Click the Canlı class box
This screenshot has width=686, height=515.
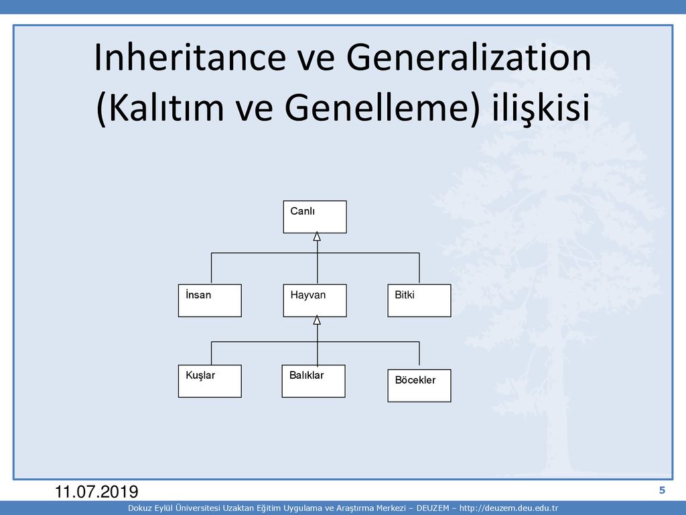(x=315, y=217)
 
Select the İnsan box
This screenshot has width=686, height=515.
(x=210, y=300)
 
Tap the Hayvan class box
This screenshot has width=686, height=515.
(x=315, y=300)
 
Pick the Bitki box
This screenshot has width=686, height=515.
(x=419, y=300)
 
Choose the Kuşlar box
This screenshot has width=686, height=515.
(x=210, y=381)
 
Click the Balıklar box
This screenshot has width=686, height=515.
(x=314, y=381)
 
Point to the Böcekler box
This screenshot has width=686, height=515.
(x=419, y=386)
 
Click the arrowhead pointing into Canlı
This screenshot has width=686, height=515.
(x=317, y=237)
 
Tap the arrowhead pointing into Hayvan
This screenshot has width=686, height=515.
(x=317, y=320)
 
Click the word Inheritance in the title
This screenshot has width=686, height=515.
(x=190, y=58)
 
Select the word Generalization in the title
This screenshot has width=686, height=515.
(x=468, y=58)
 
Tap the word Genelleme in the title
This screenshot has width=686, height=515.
(x=376, y=108)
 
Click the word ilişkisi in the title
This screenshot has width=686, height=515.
(x=541, y=108)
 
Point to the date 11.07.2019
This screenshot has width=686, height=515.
(x=96, y=492)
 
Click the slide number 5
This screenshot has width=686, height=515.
(x=662, y=490)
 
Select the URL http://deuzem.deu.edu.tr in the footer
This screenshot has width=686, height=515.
(x=509, y=508)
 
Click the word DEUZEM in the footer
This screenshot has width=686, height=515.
(x=433, y=508)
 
